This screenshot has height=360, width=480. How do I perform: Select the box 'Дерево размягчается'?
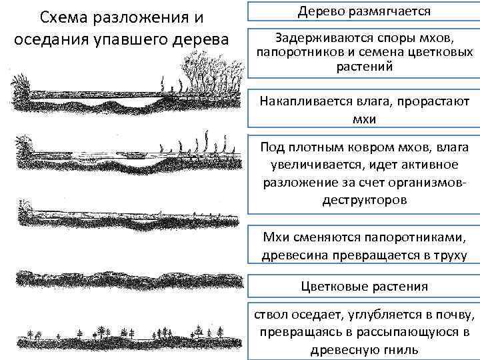pos(364,11)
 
